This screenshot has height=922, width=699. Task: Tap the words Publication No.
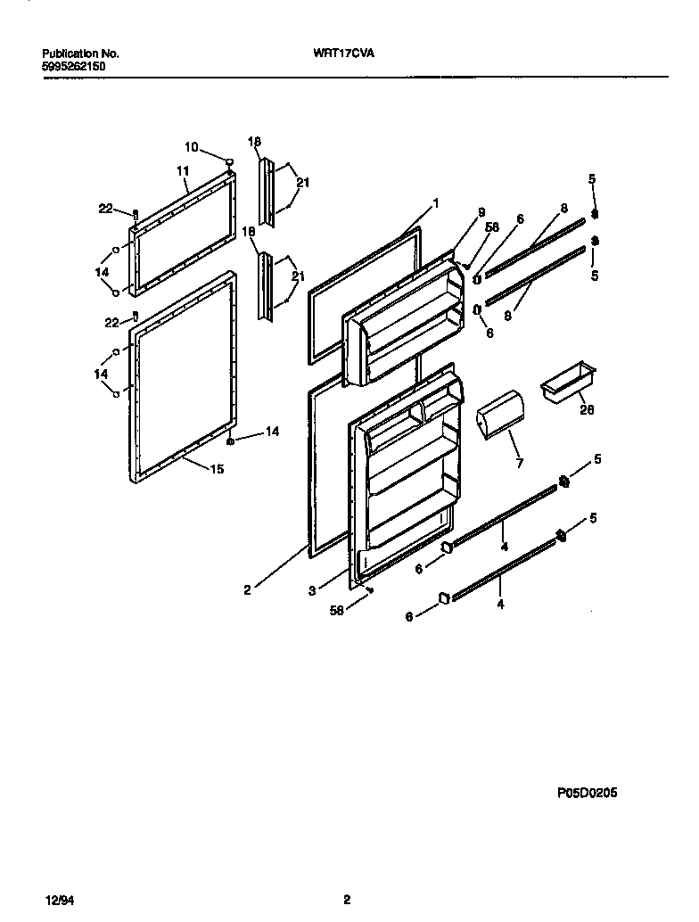(x=80, y=54)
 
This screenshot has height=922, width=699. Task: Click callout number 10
(x=192, y=147)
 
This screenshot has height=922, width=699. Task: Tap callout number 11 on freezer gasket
(x=183, y=170)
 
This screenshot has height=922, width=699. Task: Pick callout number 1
(x=436, y=203)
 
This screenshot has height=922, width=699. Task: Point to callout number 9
(x=481, y=212)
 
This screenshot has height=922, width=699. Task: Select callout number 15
(x=217, y=469)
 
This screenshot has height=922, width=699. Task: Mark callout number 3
(x=311, y=590)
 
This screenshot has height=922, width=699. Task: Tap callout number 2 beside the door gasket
(x=247, y=589)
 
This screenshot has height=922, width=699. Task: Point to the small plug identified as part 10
(x=230, y=162)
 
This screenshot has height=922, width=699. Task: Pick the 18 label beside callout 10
(x=255, y=142)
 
